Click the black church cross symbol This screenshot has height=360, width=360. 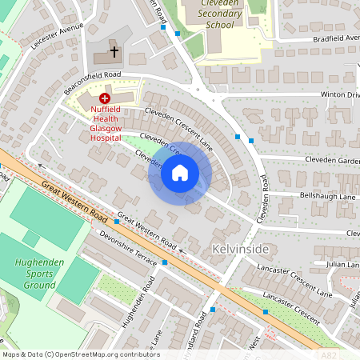[x=114, y=52]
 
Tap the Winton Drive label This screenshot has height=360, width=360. [x=341, y=94]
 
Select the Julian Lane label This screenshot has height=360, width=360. [x=342, y=264]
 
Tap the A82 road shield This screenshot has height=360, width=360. [x=328, y=353]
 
